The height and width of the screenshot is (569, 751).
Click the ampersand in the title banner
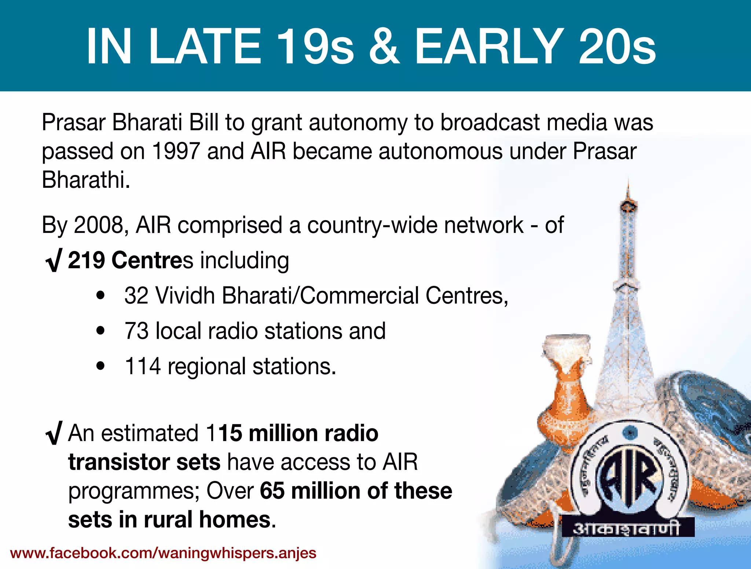tap(384, 47)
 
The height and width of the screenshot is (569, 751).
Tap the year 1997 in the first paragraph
tap(175, 151)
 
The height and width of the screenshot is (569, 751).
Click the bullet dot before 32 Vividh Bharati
tap(100, 296)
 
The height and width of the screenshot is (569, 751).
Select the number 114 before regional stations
tap(143, 366)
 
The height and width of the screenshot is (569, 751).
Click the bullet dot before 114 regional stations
tap(100, 366)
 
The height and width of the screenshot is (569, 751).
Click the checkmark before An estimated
tap(54, 433)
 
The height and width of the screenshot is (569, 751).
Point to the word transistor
tap(118, 462)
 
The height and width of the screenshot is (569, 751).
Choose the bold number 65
tap(272, 491)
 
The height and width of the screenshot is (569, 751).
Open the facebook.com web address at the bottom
tap(163, 553)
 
